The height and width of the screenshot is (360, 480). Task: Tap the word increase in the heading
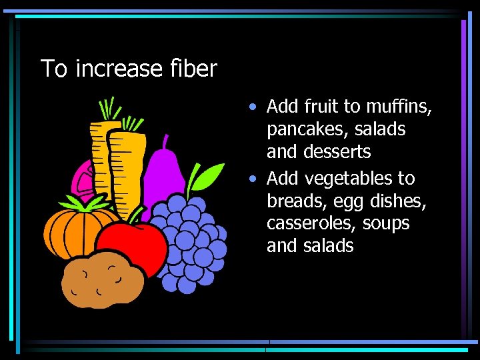119,69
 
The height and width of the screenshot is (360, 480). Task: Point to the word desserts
337,152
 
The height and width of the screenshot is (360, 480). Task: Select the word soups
385,223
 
